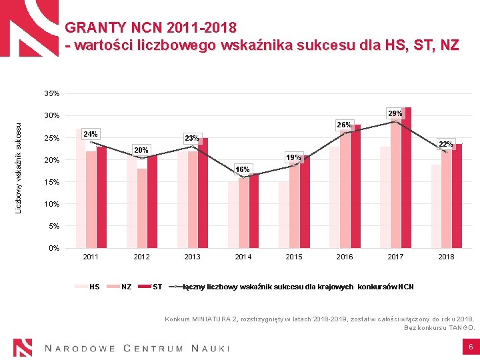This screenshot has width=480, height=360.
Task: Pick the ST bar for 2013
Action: point(203,193)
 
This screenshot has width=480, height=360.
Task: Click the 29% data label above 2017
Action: point(395,114)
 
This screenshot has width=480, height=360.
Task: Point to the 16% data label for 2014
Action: point(243,170)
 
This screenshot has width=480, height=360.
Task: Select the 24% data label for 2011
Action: point(90,135)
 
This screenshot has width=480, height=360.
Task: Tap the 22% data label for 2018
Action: point(445,144)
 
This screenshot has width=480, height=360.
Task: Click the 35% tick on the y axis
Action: point(52,93)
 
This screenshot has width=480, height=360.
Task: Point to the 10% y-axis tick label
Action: point(52,204)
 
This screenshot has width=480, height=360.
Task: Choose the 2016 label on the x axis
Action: point(345,257)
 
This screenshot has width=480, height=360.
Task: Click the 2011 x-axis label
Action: point(91,257)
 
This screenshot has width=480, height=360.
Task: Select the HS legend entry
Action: point(94,287)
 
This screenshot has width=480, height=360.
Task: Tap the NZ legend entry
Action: point(126,287)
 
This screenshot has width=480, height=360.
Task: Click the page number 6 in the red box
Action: point(470,347)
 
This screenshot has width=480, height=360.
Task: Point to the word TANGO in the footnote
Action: point(461,327)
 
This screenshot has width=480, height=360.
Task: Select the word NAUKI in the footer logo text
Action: point(210,348)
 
